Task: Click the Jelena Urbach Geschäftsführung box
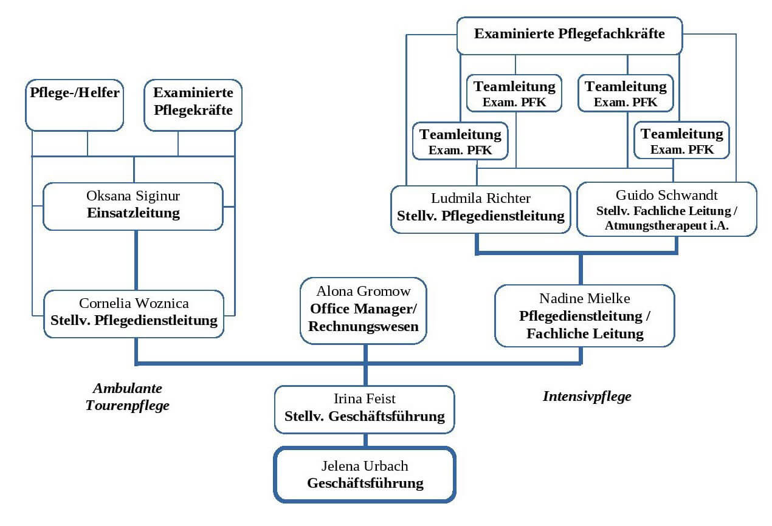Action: (365, 475)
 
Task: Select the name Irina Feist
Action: (365, 399)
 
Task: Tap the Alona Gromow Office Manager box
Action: (364, 310)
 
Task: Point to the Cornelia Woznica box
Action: (133, 313)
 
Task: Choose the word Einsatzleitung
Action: (133, 213)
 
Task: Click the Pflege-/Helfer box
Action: (75, 104)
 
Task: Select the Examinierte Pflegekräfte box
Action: (193, 104)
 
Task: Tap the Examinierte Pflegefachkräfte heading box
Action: (569, 35)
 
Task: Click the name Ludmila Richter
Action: (480, 199)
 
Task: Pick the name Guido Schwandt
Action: (666, 195)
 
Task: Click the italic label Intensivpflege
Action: (587, 397)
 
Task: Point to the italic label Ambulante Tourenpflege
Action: (127, 397)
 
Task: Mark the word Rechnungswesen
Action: (364, 326)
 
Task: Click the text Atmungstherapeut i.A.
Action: (666, 225)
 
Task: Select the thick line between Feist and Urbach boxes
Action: (365, 440)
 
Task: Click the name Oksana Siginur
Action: (133, 197)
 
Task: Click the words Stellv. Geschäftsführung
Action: (365, 417)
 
